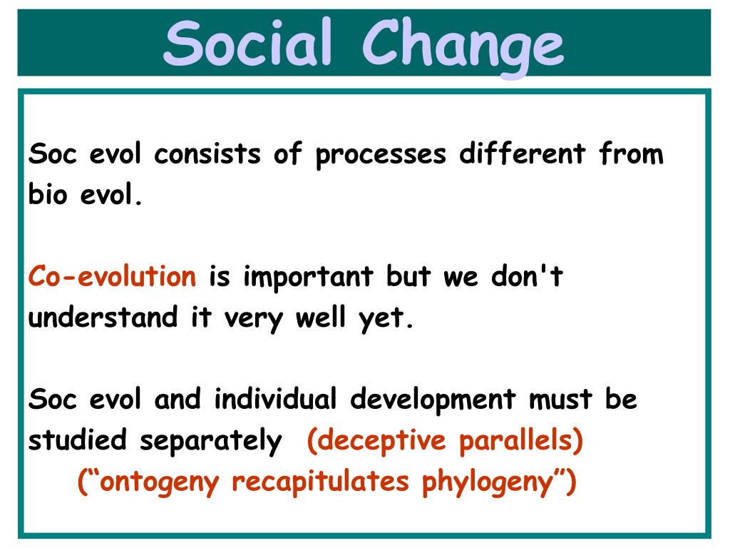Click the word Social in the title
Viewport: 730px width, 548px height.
point(247,42)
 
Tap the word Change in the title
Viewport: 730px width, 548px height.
point(463,46)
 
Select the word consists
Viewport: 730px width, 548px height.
point(207,154)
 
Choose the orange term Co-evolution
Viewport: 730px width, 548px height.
point(112,276)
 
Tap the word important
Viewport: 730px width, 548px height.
point(308,278)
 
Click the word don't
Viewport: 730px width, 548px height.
point(527,275)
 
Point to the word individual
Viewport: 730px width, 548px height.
point(275,398)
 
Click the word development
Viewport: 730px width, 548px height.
point(433,400)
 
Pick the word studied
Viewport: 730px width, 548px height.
point(77,439)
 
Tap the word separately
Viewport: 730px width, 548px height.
point(211,441)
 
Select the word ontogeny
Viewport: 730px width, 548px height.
point(159,482)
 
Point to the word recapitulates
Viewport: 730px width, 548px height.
point(320,482)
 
